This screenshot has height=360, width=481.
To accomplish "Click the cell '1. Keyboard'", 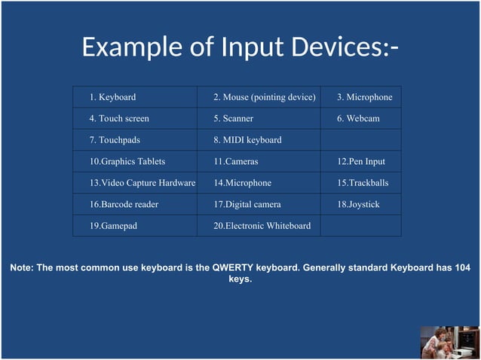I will [112, 97].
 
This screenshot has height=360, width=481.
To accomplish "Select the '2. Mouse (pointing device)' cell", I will [264, 97].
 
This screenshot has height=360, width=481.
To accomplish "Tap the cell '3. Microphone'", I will [364, 97].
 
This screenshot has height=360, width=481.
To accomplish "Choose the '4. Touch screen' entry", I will [119, 118].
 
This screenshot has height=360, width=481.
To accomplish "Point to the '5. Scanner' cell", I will [233, 118].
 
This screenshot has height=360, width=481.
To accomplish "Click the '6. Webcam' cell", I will [358, 118].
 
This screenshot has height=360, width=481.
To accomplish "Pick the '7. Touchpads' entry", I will [115, 140].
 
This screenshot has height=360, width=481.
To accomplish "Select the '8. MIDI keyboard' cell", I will [247, 140].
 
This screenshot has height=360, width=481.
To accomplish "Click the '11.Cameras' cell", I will [235, 161].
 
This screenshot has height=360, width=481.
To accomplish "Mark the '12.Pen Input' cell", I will [361, 161].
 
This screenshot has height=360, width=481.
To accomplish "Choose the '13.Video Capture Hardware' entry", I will [142, 183].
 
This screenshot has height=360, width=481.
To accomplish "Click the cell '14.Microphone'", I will [242, 183].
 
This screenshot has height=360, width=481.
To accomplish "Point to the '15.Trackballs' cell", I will [363, 183].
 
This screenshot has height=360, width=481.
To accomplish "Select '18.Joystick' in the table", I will [358, 204].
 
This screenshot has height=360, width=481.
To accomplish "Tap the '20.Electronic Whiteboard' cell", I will [262, 225].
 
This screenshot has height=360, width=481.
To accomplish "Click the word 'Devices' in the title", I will [329, 47].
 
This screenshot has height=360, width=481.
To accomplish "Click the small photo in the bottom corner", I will [449, 342].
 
